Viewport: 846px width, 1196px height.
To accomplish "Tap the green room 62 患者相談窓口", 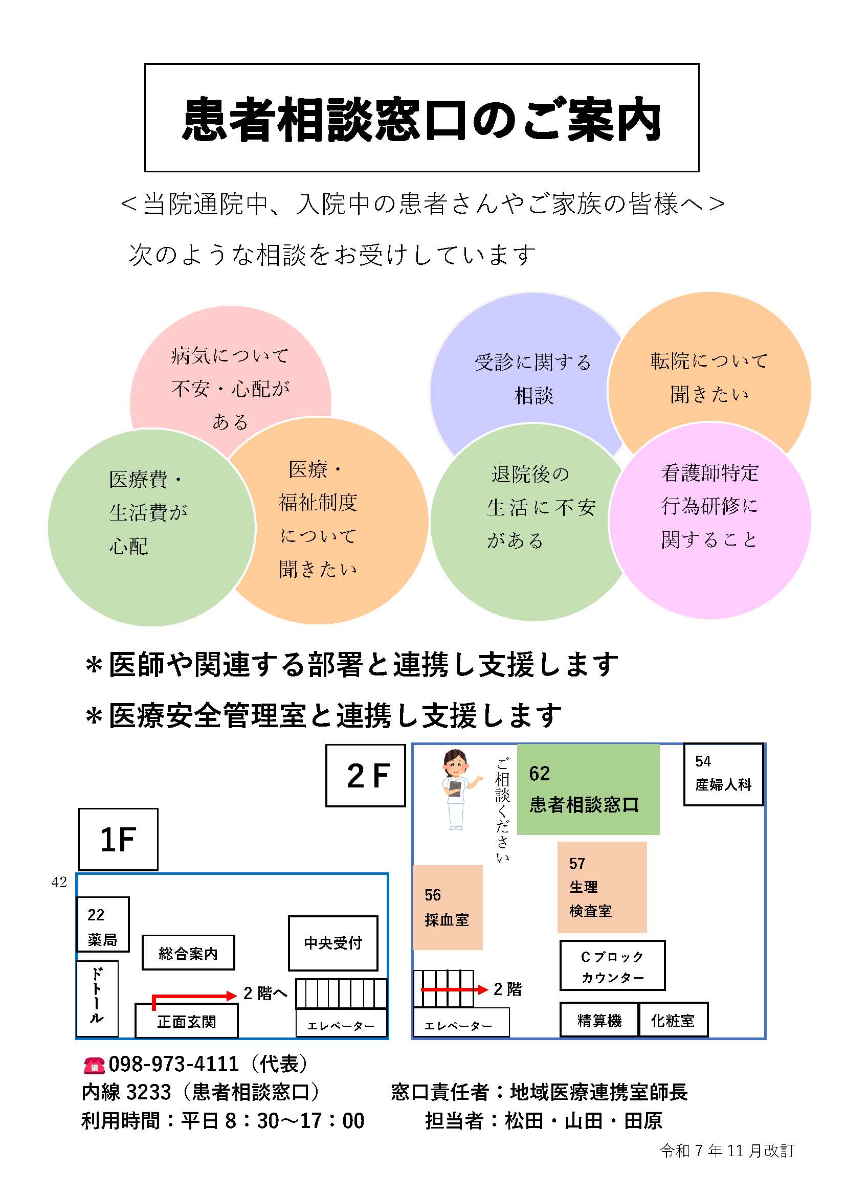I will (x=588, y=789).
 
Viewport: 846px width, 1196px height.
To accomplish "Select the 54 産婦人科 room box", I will (x=723, y=774).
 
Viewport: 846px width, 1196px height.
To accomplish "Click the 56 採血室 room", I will (x=447, y=908).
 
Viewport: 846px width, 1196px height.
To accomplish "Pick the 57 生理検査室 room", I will (x=602, y=887).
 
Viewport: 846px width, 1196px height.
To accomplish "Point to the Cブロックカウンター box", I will (x=612, y=965).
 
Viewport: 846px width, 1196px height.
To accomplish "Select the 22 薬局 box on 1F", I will (x=103, y=924).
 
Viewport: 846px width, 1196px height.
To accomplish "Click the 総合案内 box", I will (x=188, y=953).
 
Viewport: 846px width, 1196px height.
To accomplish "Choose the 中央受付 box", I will (x=333, y=943).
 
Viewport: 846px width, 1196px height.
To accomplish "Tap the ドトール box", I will (x=97, y=999).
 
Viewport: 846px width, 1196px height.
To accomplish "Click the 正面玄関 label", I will (x=187, y=1022).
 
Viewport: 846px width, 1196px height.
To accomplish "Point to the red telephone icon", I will (x=94, y=1065).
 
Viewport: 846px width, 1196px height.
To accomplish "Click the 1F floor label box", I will (x=118, y=840).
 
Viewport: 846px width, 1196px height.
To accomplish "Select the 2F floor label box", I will (x=365, y=776).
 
